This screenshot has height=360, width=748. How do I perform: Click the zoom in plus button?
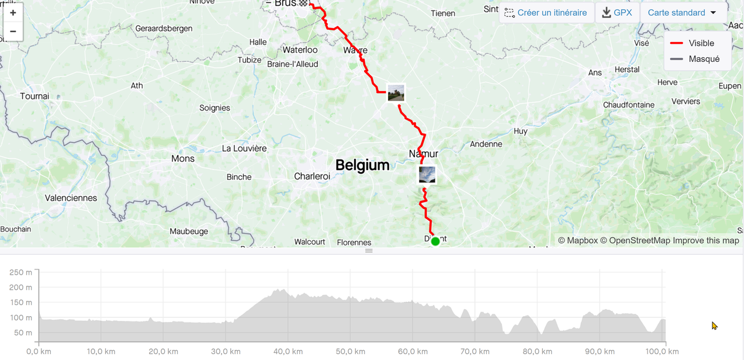(x=13, y=13)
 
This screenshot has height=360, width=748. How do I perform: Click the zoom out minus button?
(x=13, y=31)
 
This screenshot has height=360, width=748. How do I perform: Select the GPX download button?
(x=617, y=13)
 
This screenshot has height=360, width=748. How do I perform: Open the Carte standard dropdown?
(x=683, y=13)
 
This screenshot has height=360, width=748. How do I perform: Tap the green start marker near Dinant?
(x=435, y=241)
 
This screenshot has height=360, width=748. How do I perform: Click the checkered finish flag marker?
(x=303, y=3)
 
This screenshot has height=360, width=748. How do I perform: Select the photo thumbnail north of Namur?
(x=396, y=93)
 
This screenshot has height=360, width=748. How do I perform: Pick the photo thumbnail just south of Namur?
(x=427, y=174)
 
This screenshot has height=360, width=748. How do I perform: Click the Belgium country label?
(x=362, y=165)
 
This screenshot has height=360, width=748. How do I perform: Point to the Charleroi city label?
(x=312, y=176)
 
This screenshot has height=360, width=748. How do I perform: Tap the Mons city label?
(x=183, y=158)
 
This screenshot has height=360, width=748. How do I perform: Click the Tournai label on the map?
(x=34, y=96)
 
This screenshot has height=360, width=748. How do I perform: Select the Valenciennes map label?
(x=71, y=198)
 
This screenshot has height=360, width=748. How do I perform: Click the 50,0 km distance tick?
(x=350, y=351)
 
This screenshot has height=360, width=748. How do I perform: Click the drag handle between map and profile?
(x=369, y=251)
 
